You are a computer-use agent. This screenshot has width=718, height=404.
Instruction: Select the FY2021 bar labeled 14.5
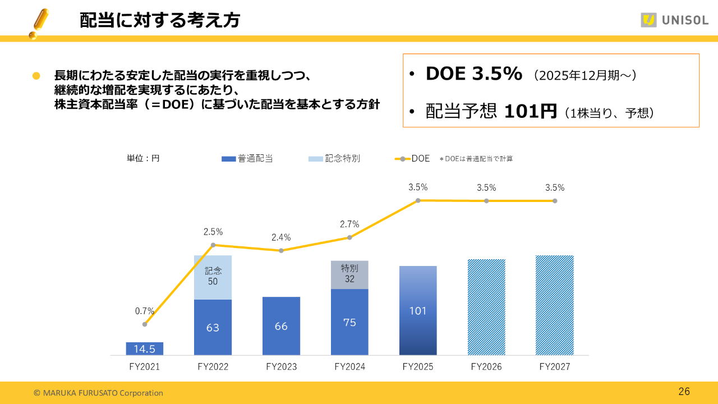(145, 348)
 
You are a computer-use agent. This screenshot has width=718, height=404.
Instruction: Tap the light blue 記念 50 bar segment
(213, 277)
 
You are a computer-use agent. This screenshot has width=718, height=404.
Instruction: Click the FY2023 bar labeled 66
(281, 326)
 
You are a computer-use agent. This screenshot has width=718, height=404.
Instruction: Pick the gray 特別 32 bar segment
(349, 274)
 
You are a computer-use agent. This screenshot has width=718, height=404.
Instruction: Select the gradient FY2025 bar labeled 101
(418, 310)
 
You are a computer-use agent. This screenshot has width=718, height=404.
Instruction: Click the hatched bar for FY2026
(486, 307)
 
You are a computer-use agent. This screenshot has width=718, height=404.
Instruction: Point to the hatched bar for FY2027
(555, 305)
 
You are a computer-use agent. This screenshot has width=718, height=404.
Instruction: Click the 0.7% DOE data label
(145, 311)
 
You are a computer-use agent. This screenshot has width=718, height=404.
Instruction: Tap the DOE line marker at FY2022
(213, 245)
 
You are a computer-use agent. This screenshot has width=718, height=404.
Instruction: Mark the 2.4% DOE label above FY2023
(281, 237)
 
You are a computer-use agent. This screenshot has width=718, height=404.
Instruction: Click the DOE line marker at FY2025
(418, 200)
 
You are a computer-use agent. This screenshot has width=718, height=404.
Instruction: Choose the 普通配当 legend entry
(247, 159)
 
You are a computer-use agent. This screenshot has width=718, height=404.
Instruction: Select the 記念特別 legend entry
(334, 159)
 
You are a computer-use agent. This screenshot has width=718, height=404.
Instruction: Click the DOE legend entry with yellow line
(412, 159)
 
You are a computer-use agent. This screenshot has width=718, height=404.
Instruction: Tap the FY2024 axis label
(349, 367)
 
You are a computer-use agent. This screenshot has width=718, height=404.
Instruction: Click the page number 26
(684, 392)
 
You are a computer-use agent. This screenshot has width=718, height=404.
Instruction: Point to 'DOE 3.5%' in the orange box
(474, 74)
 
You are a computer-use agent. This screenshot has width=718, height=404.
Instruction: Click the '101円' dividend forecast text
(530, 112)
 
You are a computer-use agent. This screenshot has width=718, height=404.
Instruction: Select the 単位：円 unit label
(143, 159)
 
